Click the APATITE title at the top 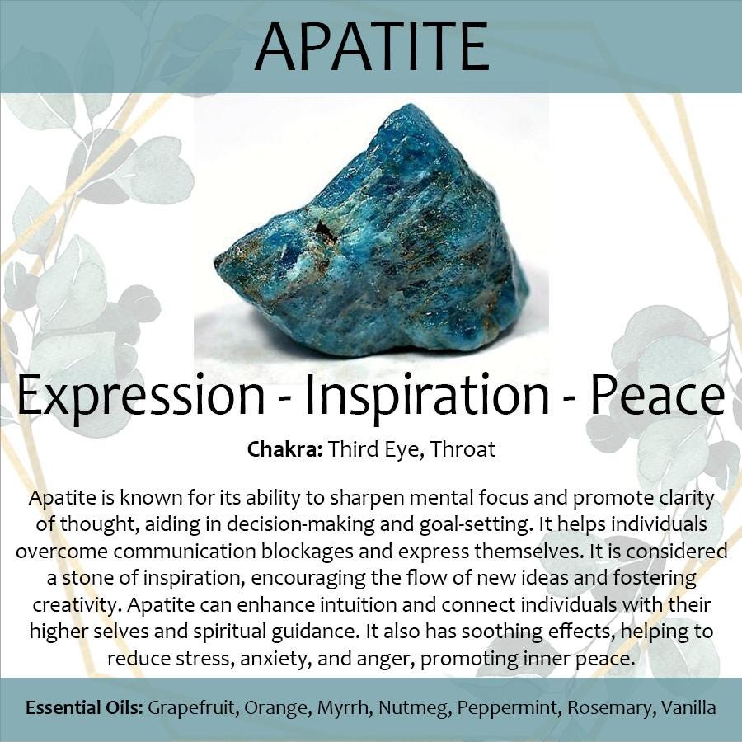click(x=372, y=46)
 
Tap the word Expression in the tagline click(x=140, y=395)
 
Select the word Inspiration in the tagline click(x=427, y=395)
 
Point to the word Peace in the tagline click(x=657, y=394)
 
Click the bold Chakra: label click(x=285, y=449)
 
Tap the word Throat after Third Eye click(x=463, y=449)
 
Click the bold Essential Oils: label click(x=84, y=708)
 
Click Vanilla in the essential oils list click(x=688, y=708)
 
